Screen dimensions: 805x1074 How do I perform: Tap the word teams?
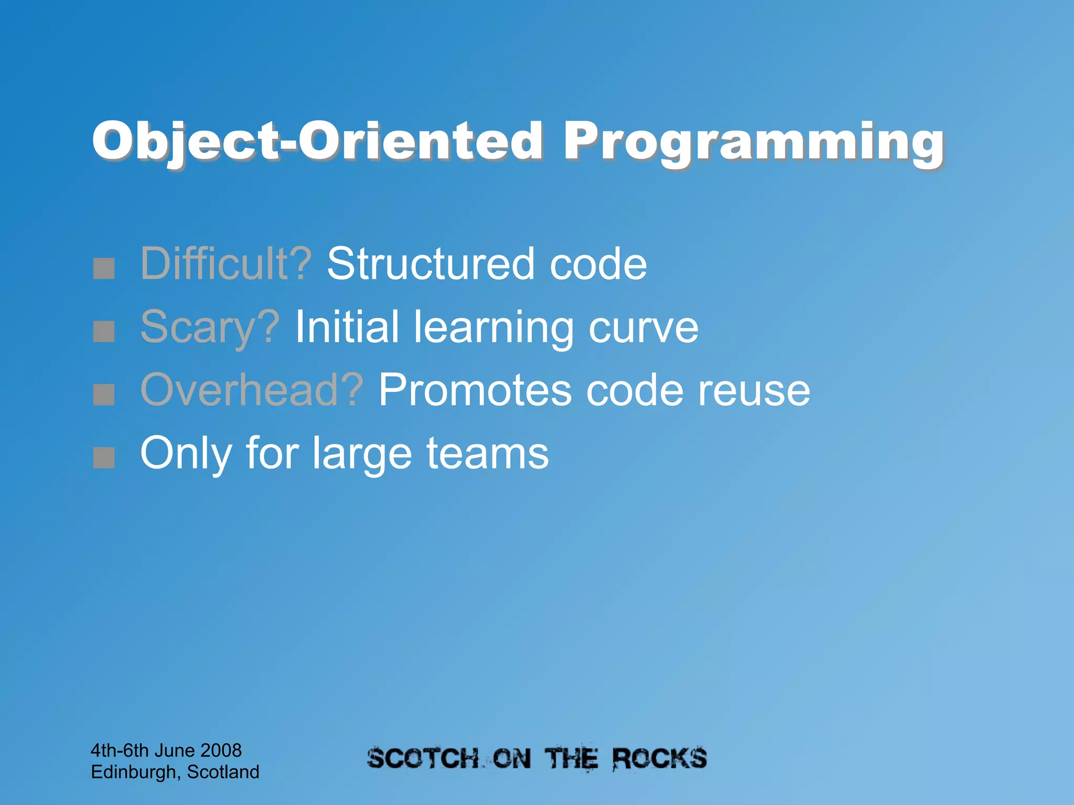[x=487, y=454]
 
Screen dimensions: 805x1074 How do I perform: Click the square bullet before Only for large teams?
[x=104, y=458]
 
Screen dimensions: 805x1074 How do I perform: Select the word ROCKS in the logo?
[x=660, y=759]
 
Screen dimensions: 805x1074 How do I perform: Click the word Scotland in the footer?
[x=223, y=772]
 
